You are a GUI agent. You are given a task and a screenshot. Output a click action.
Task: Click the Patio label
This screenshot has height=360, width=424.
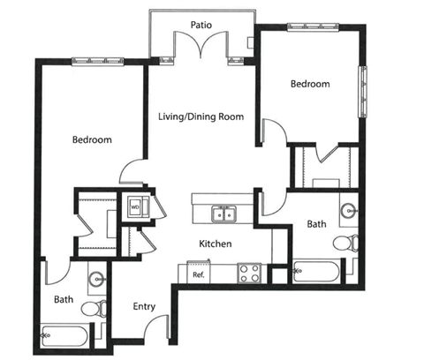[x=201, y=25]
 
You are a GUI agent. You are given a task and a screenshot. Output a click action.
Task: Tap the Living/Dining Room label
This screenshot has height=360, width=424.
[x=201, y=116]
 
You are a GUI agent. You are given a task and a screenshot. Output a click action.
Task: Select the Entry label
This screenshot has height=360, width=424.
[x=144, y=307]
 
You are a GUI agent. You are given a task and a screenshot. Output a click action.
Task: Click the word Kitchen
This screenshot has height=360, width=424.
[x=216, y=244]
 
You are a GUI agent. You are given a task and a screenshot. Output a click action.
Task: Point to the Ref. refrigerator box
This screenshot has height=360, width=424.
[x=199, y=273]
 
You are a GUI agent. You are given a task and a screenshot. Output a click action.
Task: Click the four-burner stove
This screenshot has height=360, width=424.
[x=249, y=273]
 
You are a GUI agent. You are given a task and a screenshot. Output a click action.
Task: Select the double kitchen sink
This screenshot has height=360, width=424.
[x=224, y=214]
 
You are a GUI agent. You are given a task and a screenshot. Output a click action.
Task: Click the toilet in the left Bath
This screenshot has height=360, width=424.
[x=94, y=309]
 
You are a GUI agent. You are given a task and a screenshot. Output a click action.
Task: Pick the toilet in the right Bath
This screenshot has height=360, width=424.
[x=345, y=244]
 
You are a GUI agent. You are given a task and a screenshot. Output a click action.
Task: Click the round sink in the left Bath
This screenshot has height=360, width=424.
[x=97, y=278]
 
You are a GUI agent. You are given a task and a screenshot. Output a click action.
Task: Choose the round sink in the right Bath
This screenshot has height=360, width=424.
[x=349, y=211]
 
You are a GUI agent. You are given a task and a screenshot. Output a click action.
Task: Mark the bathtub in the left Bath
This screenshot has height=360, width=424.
[x=65, y=336]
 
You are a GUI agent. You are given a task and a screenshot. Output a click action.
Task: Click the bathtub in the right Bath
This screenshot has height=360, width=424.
[x=316, y=271]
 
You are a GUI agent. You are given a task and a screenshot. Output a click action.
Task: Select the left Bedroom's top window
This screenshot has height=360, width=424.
[x=98, y=61]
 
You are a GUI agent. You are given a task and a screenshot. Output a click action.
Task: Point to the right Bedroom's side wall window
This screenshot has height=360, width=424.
[x=362, y=92]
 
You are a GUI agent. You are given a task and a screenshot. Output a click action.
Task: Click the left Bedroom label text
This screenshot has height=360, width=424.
[x=92, y=139]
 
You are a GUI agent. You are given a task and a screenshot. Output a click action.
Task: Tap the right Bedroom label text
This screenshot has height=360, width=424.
[x=310, y=84]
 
